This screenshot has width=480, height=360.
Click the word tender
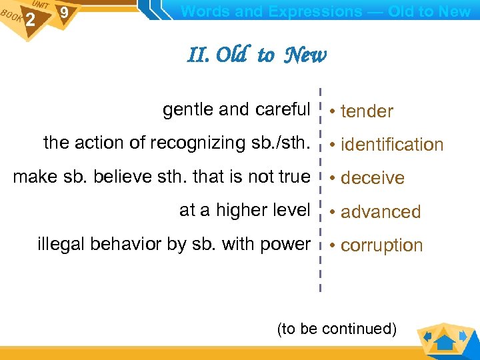pos(367,111)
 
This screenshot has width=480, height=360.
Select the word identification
pos(392,145)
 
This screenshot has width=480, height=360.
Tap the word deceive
pos(373,178)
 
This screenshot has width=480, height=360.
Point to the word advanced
pos(381,212)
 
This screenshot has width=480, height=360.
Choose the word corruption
pos(381,245)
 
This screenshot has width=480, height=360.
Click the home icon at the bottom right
pos(445,341)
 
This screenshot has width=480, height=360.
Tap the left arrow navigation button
pos(427,335)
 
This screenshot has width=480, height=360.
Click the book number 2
pos(29,21)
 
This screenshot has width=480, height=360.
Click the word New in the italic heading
pos(305,55)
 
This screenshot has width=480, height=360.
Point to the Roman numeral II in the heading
pos(198,55)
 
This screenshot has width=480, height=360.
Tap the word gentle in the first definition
pos(185,109)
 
